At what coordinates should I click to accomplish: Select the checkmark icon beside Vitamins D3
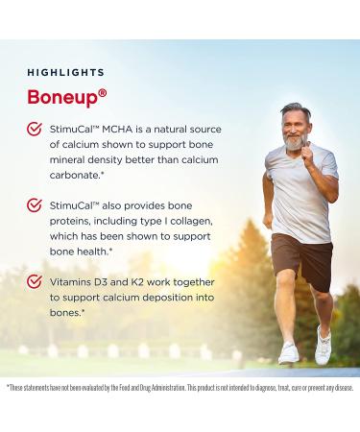[x=33, y=282]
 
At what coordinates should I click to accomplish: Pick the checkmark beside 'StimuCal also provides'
[x=33, y=206]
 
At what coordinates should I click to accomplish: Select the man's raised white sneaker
[x=324, y=343]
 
